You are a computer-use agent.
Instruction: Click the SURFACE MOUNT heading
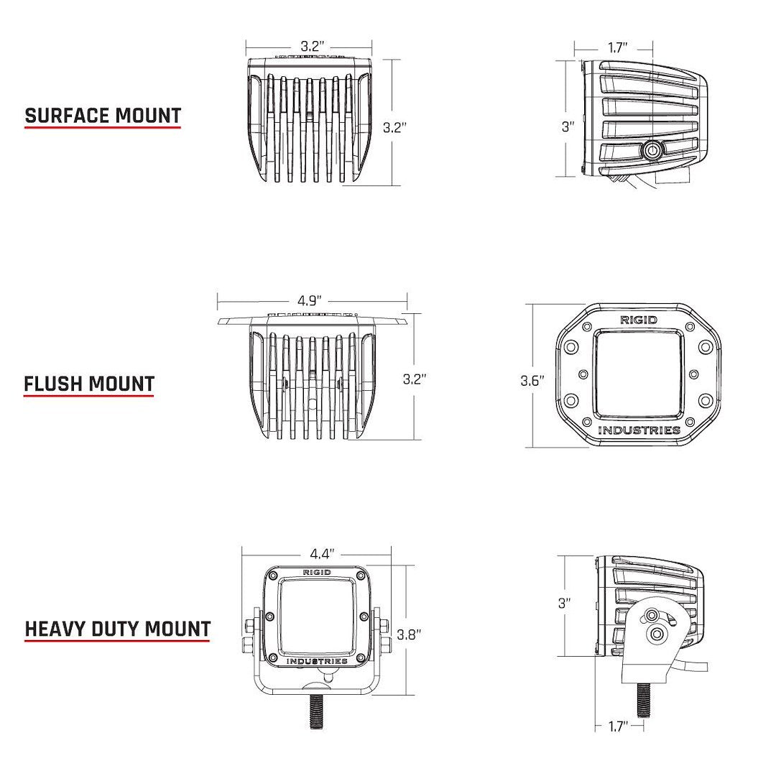[103, 116]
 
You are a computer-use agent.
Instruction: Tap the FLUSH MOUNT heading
[89, 384]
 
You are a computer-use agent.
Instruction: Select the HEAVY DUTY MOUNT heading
[118, 629]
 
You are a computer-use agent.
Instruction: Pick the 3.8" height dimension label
[409, 634]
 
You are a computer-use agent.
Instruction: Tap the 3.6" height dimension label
[532, 381]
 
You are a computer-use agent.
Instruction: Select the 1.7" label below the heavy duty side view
[618, 727]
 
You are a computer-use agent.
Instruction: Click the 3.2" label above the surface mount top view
[312, 46]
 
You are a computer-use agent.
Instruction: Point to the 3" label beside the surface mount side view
[568, 127]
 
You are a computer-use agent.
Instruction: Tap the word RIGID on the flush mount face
[638, 320]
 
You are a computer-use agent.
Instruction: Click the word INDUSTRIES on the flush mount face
[639, 430]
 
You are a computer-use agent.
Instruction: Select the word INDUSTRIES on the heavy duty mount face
[317, 661]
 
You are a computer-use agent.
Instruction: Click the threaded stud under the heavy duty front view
[316, 714]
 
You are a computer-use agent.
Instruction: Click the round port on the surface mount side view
[653, 150]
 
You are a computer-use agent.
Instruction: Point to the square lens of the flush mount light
[638, 375]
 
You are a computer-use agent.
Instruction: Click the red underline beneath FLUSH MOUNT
[89, 396]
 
